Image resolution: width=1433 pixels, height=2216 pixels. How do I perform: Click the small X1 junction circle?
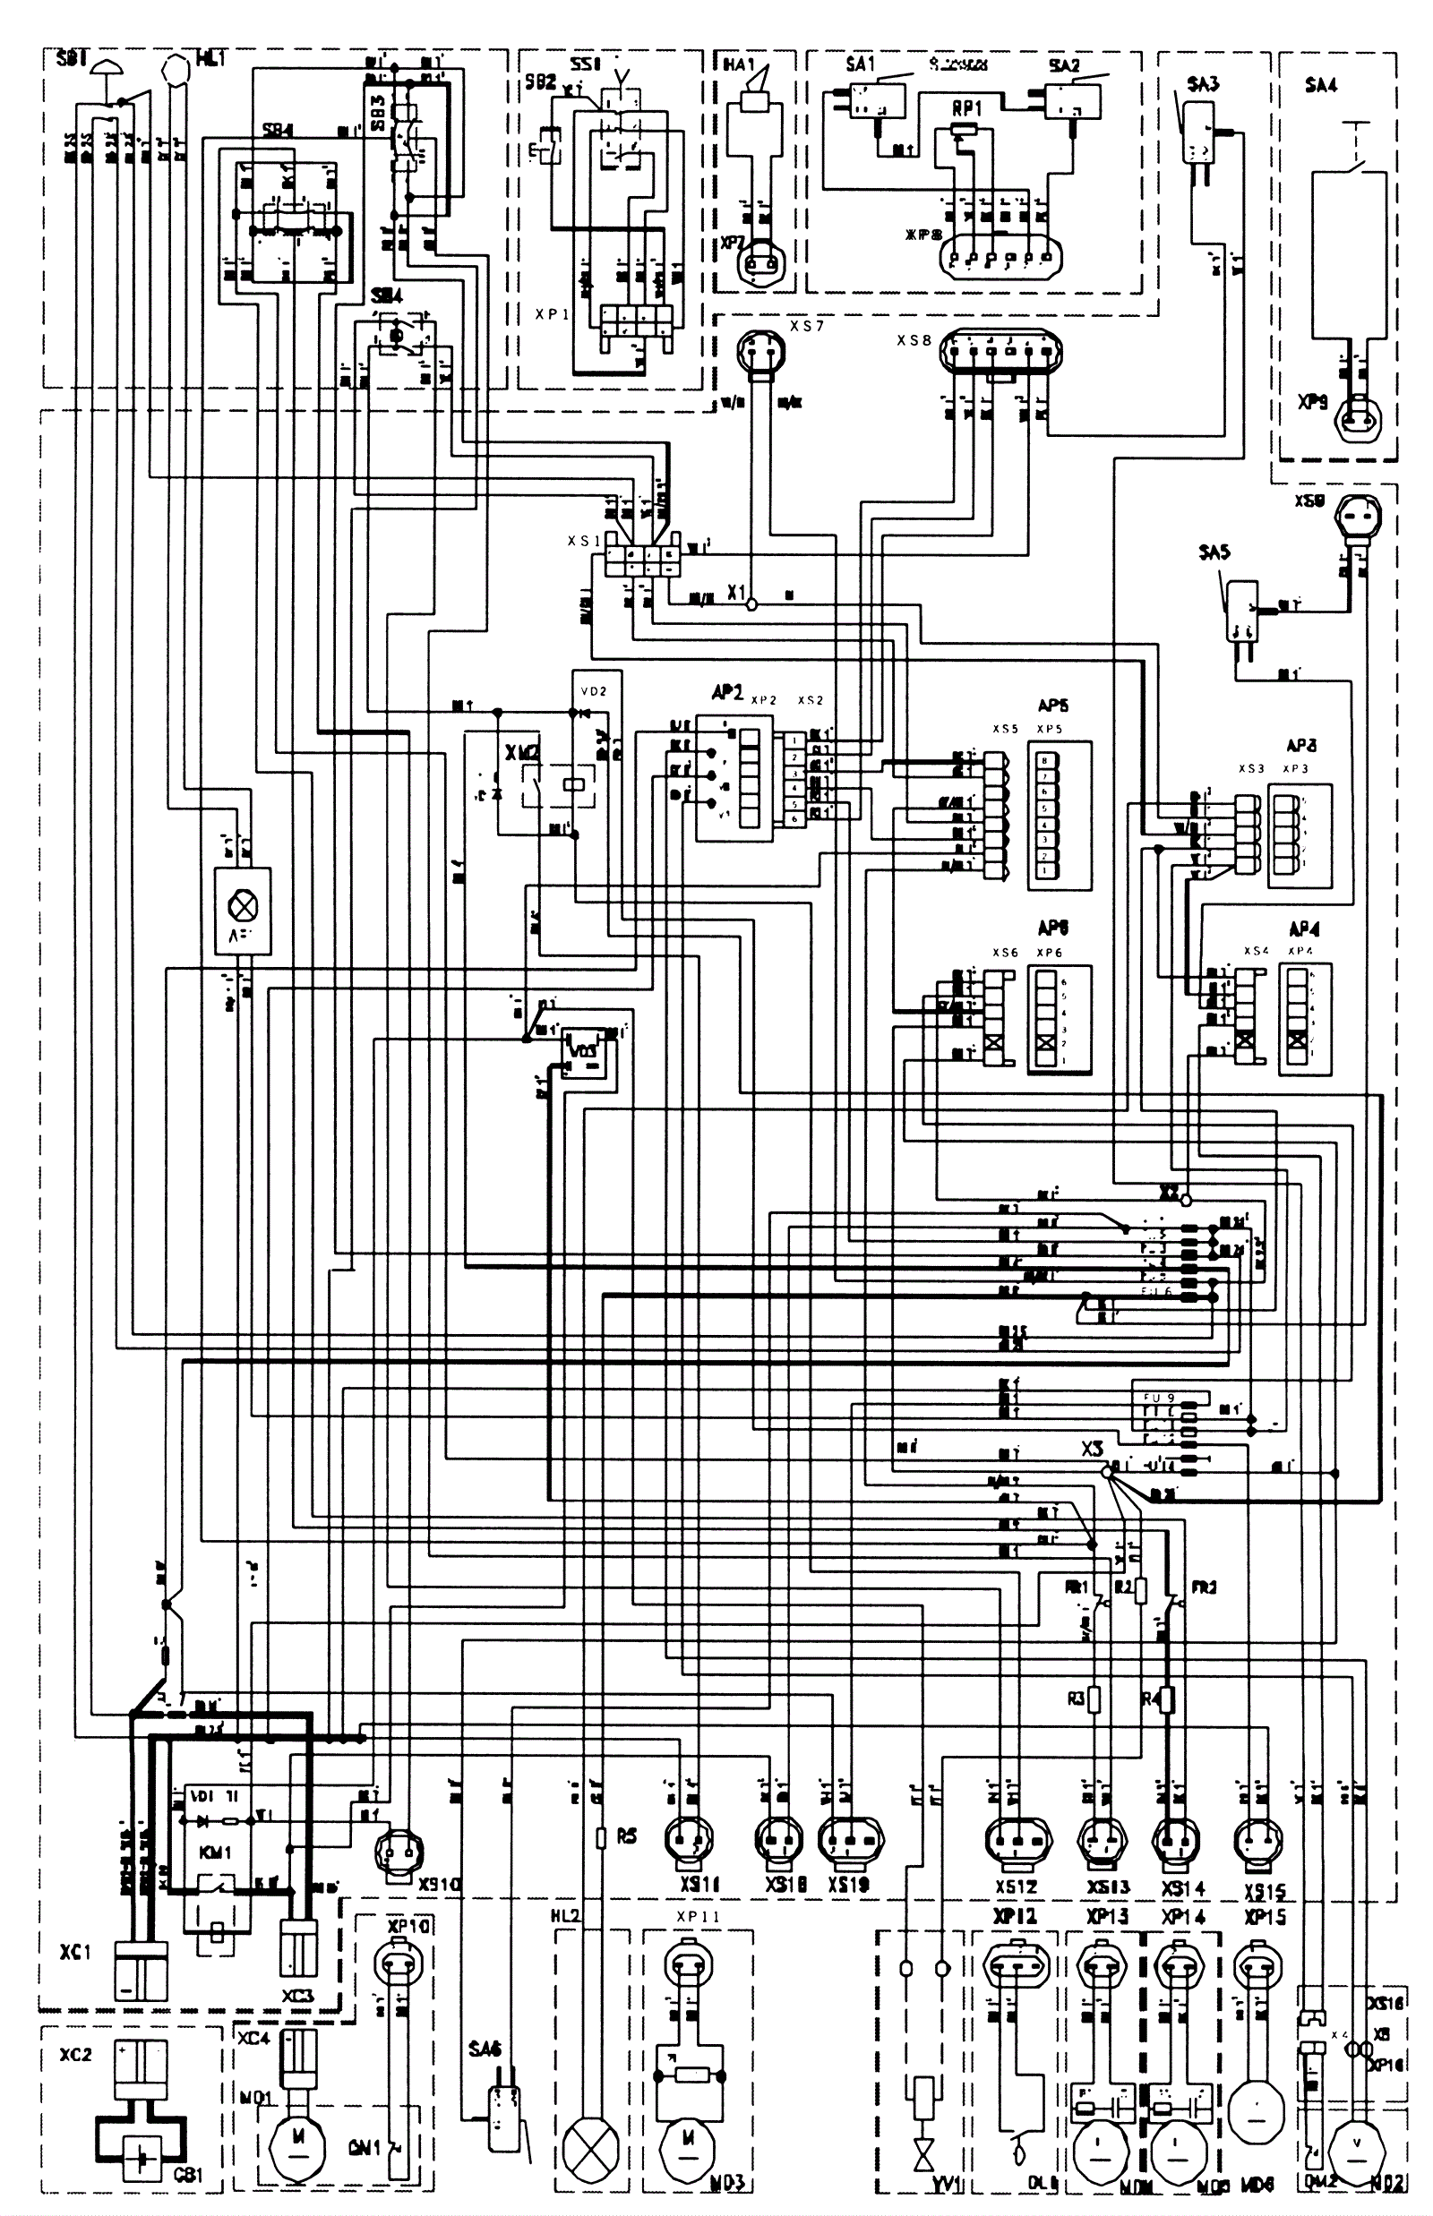pyautogui.click(x=751, y=603)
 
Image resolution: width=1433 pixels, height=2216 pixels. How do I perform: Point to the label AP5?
pyautogui.click(x=1052, y=706)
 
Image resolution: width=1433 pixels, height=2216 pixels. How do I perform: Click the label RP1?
pyautogui.click(x=966, y=110)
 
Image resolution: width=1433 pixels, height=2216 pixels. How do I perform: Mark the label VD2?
pyautogui.click(x=593, y=691)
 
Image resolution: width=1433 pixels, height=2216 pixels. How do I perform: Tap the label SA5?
pyautogui.click(x=1214, y=552)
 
